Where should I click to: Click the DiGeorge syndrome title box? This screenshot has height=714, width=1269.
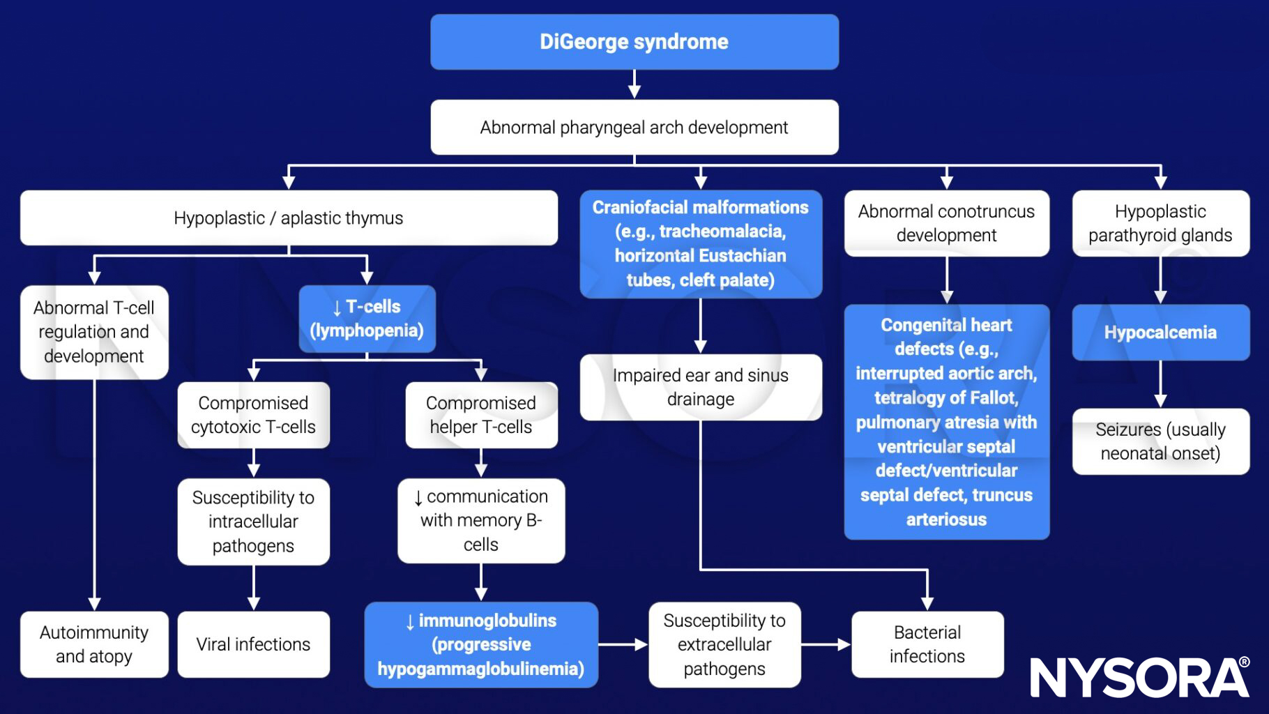(634, 42)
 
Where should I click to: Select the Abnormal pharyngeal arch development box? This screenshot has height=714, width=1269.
(634, 128)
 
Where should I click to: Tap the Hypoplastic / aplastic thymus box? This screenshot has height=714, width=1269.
(288, 218)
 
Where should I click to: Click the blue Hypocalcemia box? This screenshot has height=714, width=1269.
(1160, 333)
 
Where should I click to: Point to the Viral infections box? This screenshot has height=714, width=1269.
(253, 644)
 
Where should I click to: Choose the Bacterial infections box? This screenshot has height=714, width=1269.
(927, 644)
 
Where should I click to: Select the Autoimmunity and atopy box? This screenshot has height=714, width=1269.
(94, 644)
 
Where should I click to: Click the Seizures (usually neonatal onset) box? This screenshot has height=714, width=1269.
(1160, 441)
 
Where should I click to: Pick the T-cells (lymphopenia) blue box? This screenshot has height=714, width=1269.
(367, 319)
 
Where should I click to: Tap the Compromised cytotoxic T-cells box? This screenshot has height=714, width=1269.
(253, 415)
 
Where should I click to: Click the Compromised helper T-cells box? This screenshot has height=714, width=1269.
(481, 415)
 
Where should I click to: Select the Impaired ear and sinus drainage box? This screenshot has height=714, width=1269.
(700, 387)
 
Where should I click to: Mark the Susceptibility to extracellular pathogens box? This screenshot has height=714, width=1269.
(724, 644)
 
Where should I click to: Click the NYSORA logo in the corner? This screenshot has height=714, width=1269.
(1139, 677)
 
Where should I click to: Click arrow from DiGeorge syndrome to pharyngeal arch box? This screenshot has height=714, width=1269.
(634, 84)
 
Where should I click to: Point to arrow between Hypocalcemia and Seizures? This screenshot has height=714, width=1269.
(1160, 384)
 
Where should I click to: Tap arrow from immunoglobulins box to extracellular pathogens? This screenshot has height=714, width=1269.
(623, 644)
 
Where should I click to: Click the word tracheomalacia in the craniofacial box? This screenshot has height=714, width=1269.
(722, 231)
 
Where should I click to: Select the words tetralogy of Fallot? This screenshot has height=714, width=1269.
(946, 398)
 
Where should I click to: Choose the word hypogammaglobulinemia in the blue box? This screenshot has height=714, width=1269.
(480, 669)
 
